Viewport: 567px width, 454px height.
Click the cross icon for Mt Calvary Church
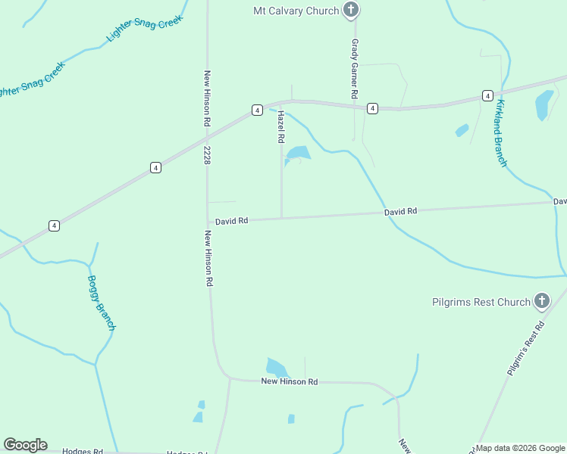coord(350,11)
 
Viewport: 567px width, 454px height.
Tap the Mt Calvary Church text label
coord(296,11)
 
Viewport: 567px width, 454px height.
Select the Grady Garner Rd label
coord(354,70)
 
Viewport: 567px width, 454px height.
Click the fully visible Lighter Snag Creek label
coord(145,30)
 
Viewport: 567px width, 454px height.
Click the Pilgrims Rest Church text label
coord(481,302)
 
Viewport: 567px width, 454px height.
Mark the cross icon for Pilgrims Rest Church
coord(541,302)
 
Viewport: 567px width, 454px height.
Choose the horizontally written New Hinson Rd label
coord(289,382)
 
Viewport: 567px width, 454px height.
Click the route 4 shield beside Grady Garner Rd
coord(372,109)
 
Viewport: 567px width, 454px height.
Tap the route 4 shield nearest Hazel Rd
coord(258,110)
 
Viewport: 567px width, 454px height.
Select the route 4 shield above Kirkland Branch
coord(487,95)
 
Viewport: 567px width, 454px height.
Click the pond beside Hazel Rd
coord(298,154)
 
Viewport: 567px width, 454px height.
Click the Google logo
coord(25,445)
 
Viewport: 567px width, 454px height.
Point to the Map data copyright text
coord(520,448)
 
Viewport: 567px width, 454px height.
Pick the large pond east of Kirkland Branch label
coord(544,104)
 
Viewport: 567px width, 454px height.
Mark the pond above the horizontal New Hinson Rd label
coord(277,368)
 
